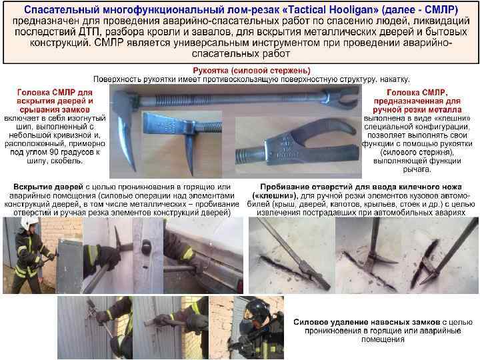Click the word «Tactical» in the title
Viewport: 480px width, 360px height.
[x=305, y=10]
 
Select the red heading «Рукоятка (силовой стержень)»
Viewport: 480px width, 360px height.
[x=251, y=71]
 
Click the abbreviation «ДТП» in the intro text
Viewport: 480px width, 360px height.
[x=89, y=32]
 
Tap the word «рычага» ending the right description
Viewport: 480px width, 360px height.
[x=417, y=169]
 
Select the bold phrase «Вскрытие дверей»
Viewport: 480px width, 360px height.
[x=49, y=187]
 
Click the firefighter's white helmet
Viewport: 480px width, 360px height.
[x=29, y=223]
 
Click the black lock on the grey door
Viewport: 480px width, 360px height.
[x=147, y=247]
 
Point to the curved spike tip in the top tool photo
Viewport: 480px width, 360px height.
[x=133, y=169]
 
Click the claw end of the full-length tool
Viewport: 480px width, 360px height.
[x=342, y=97]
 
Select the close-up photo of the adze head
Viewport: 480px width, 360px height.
[x=182, y=143]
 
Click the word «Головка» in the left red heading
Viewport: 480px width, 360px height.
[x=33, y=93]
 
